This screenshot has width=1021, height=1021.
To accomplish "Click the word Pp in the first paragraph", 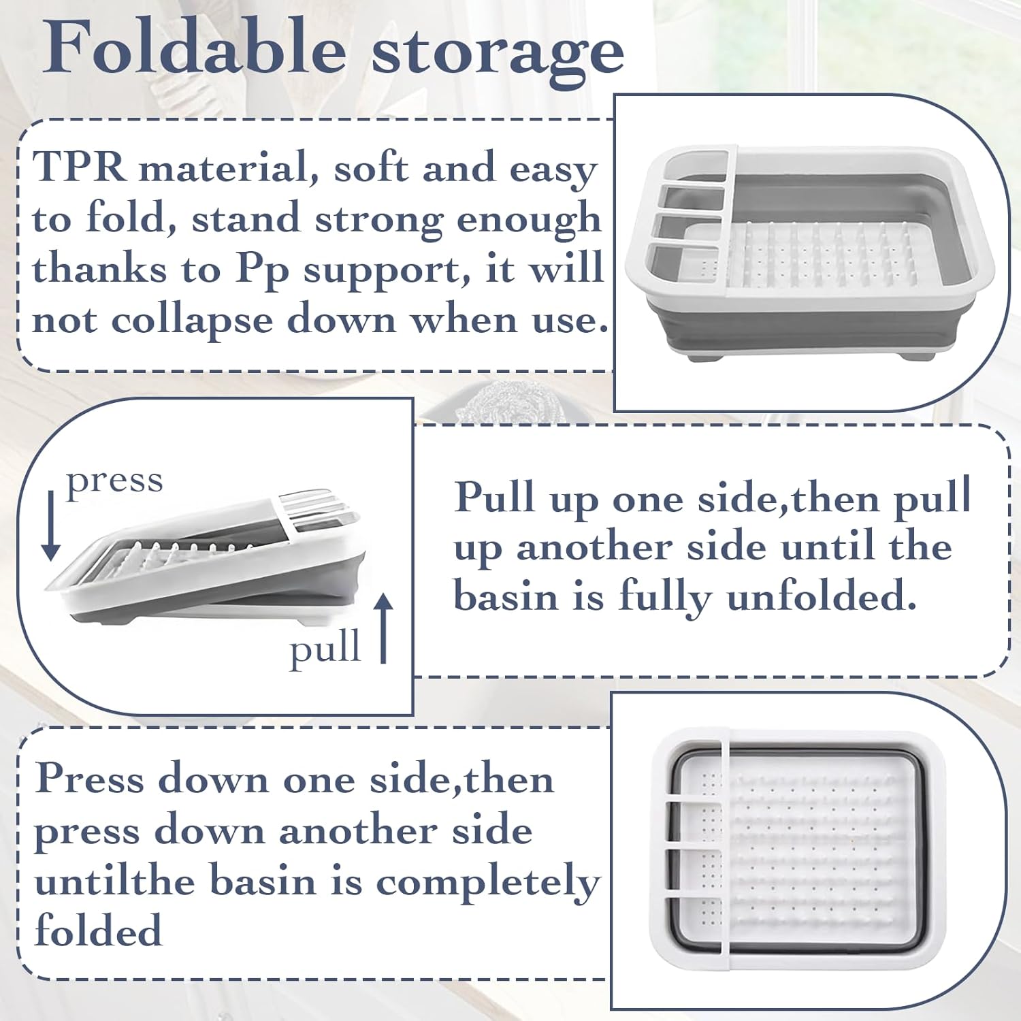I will coord(262,271).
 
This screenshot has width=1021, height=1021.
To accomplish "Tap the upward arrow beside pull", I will coord(384,628).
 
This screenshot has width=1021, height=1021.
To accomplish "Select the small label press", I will coord(114,482).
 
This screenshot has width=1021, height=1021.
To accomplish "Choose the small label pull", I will coord(325,648).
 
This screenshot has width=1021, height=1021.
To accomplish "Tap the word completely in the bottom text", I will coord(488,884).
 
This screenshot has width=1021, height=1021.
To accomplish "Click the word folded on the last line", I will coord(99,930).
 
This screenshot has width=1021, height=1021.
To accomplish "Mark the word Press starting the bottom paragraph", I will coord(89,779).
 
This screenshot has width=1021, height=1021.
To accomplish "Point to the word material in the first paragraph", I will coord(229,167).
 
